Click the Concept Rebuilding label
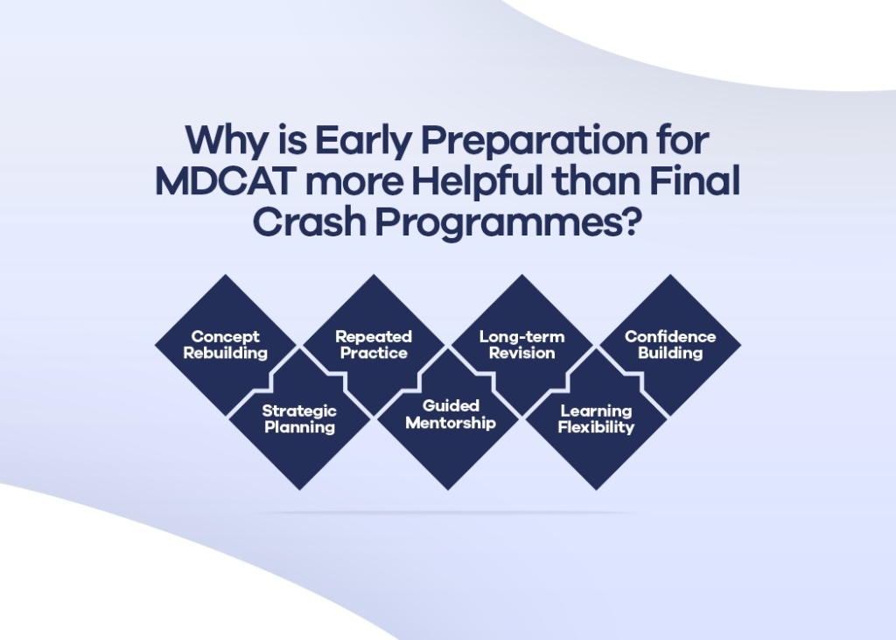(x=226, y=345)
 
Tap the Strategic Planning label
(x=299, y=419)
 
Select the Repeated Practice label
(x=374, y=345)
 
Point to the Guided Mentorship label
(x=451, y=415)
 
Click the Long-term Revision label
(x=522, y=345)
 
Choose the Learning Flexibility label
(x=596, y=419)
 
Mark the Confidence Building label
(x=670, y=345)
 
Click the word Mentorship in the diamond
(x=451, y=424)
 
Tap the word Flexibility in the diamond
(x=596, y=428)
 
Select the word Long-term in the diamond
(x=522, y=337)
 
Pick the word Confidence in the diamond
(x=670, y=337)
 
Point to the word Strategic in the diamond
(x=299, y=411)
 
